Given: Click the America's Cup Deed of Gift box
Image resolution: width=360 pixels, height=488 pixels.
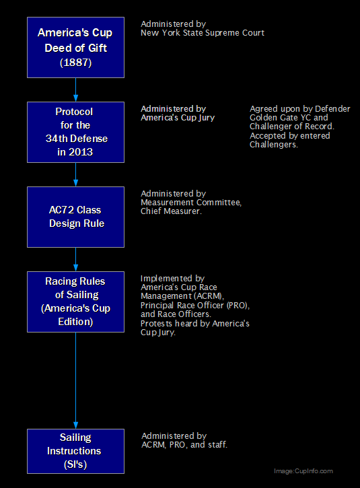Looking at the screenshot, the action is click(x=75, y=47).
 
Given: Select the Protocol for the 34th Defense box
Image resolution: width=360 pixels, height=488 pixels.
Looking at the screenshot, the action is click(x=75, y=133).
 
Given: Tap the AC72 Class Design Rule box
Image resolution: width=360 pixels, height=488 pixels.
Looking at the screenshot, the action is click(x=75, y=217).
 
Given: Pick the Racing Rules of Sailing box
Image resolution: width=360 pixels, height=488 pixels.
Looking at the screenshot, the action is click(x=75, y=302).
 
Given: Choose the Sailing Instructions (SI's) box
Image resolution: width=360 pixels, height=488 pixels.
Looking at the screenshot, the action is click(x=75, y=451).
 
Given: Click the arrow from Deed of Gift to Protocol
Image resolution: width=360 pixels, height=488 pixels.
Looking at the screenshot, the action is click(x=75, y=90).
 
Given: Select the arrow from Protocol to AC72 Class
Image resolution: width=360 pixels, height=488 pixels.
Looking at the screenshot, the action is click(x=75, y=174).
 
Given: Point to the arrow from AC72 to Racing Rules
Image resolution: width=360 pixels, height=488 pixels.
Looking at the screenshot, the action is click(x=75, y=259).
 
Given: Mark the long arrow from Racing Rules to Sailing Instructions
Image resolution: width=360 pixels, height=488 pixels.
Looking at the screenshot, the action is click(x=75, y=380).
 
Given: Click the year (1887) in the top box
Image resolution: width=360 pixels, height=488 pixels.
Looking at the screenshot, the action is click(x=75, y=63).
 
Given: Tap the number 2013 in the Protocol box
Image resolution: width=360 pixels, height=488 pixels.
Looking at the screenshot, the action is click(x=81, y=152).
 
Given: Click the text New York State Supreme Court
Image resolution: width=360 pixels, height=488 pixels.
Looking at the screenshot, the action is click(x=203, y=33).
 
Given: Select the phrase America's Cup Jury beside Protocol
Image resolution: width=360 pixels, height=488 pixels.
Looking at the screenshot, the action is click(x=178, y=118).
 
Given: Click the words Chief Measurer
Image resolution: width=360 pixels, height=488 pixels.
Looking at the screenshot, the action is click(x=171, y=211).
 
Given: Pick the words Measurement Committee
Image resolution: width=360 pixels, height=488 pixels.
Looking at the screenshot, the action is click(x=191, y=203).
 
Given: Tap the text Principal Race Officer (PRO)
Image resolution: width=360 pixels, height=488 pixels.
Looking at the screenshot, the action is click(x=194, y=306).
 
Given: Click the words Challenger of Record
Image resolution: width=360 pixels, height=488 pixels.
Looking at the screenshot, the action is click(x=292, y=127).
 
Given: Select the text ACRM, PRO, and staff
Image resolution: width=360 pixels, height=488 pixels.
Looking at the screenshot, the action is click(x=184, y=445).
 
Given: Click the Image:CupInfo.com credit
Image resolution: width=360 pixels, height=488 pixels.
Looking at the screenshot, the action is click(x=303, y=471).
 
